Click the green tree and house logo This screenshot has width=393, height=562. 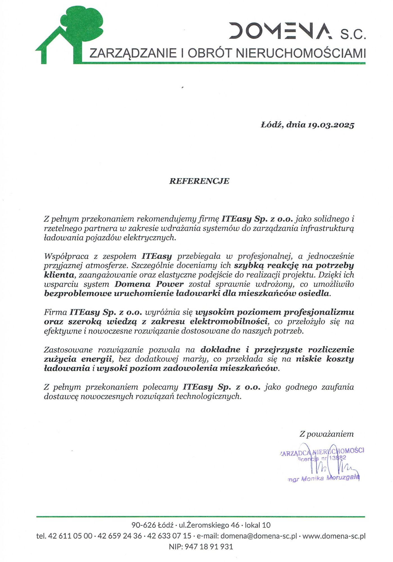(70, 34)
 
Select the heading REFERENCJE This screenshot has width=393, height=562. (199, 181)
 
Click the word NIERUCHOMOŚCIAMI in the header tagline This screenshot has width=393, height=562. (301, 53)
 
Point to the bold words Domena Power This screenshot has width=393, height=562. (149, 284)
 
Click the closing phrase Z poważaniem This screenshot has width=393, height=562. (326, 434)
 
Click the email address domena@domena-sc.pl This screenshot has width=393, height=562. (259, 536)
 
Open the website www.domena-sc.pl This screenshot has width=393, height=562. (334, 536)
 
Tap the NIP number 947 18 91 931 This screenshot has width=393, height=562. (209, 547)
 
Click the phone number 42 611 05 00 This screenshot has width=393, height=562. (70, 536)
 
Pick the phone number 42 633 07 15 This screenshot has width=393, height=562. (169, 536)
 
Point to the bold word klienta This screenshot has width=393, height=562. (59, 275)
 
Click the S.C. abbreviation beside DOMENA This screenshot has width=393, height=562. (353, 35)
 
